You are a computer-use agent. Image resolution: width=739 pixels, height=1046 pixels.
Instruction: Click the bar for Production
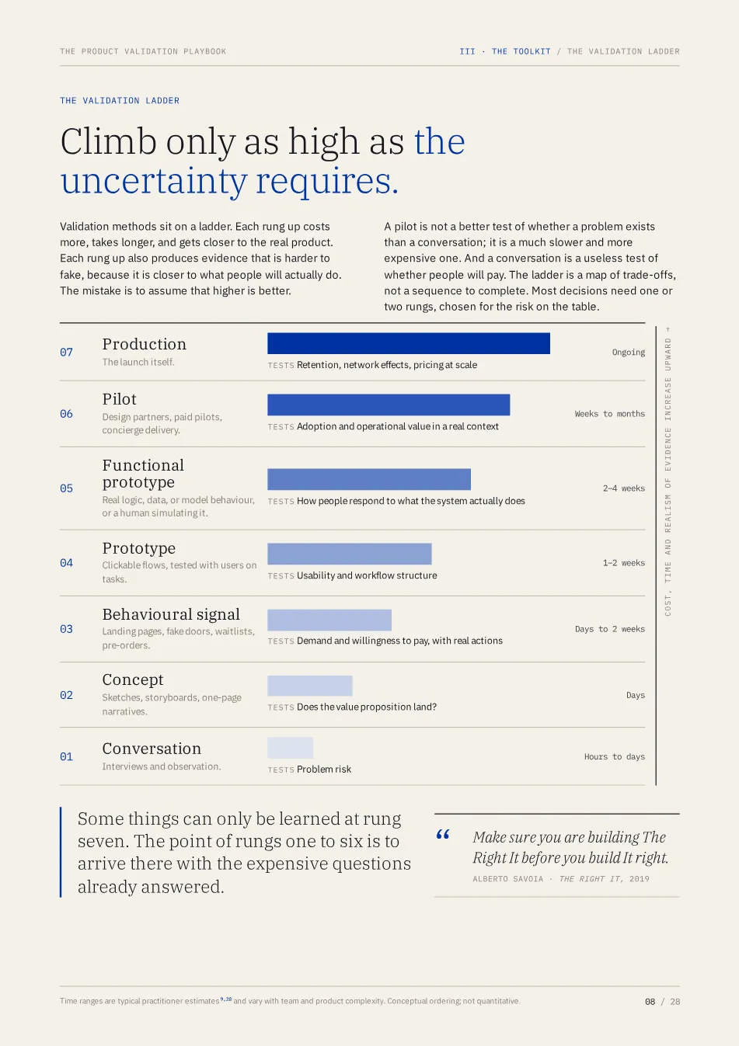409,343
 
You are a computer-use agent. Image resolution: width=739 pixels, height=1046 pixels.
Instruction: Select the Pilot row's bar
389,405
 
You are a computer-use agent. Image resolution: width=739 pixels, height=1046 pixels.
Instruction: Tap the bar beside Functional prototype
369,479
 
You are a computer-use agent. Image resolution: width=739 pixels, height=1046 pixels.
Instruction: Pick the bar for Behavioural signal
329,620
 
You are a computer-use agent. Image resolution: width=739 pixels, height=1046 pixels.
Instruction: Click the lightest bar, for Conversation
291,748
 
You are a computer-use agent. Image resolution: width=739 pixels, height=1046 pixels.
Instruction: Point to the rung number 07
66,352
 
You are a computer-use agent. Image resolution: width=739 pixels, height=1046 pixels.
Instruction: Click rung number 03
66,629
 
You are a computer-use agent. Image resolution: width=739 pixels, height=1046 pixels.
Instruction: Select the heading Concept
133,679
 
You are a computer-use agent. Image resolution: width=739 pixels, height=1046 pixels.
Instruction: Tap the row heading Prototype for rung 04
139,548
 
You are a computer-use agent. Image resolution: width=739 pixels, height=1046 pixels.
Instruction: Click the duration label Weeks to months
609,414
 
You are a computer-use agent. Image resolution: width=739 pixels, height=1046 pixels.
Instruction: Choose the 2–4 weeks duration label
623,488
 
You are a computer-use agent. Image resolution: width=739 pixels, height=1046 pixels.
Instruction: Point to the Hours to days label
614,756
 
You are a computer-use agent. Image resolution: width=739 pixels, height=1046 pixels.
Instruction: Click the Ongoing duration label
628,352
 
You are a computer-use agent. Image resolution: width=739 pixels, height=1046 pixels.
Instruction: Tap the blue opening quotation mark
443,835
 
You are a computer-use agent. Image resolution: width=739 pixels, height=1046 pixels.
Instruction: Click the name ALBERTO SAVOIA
507,879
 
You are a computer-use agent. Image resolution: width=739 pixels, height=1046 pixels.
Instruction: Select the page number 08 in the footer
650,1002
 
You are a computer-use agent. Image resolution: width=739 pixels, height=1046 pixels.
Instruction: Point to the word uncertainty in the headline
154,182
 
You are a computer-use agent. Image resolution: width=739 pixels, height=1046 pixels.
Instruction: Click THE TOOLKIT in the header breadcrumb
521,51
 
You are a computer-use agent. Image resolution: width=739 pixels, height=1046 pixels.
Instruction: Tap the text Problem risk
323,769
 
